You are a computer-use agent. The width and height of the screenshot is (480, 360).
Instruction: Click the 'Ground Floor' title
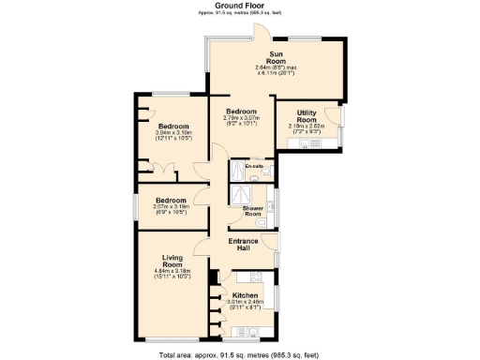point(239,7)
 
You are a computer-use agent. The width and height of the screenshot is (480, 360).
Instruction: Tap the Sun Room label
point(277,59)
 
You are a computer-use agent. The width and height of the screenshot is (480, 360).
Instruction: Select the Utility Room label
point(307,115)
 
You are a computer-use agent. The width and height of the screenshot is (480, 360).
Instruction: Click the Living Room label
point(172,262)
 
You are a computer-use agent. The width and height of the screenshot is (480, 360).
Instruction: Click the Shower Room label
point(253,210)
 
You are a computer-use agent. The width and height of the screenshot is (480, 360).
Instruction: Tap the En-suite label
point(254,167)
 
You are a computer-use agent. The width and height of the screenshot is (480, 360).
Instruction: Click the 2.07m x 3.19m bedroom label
point(171,201)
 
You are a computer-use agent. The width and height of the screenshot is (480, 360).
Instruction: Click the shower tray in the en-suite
point(239,172)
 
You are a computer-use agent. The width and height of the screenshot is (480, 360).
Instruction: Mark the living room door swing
point(201,249)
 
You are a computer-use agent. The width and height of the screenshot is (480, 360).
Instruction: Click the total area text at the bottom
point(239,353)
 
